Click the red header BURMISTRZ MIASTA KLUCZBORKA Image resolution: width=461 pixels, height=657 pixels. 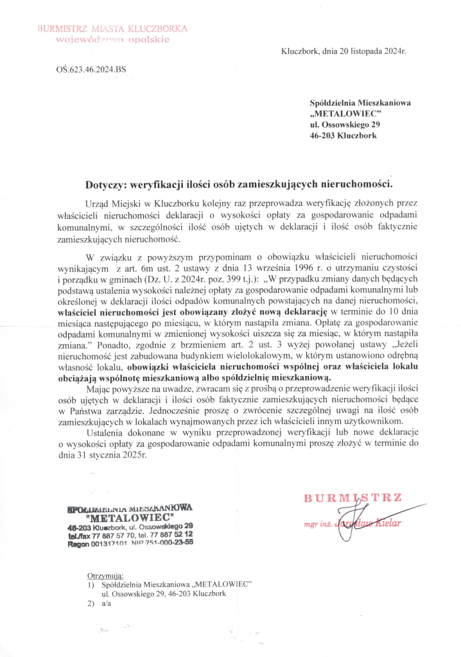click(112, 29)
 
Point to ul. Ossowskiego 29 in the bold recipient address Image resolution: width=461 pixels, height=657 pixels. click(345, 124)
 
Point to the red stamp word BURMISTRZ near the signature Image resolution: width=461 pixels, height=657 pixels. click(352, 498)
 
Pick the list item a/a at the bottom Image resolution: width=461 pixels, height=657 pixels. click(107, 604)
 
